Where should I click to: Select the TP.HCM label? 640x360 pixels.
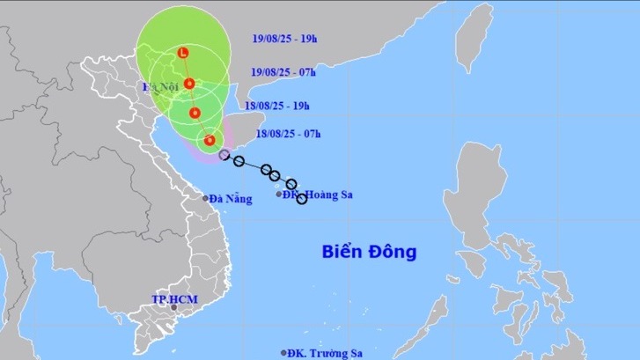pyautogui.click(x=174, y=300)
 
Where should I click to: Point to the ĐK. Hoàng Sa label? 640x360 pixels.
pyautogui.click(x=319, y=195)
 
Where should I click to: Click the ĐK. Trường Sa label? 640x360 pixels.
pyautogui.click(x=323, y=353)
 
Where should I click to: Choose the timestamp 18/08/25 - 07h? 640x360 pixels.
pyautogui.click(x=287, y=134)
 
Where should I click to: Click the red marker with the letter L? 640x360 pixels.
pyautogui.click(x=182, y=53)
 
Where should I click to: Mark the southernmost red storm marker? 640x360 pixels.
pyautogui.click(x=210, y=139)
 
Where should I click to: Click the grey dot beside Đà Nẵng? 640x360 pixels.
pyautogui.click(x=206, y=198)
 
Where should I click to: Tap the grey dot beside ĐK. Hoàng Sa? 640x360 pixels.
pyautogui.click(x=280, y=194)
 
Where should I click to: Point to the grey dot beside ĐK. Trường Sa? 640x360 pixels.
pyautogui.click(x=283, y=352)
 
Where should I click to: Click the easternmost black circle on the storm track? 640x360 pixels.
pyautogui.click(x=302, y=199)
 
